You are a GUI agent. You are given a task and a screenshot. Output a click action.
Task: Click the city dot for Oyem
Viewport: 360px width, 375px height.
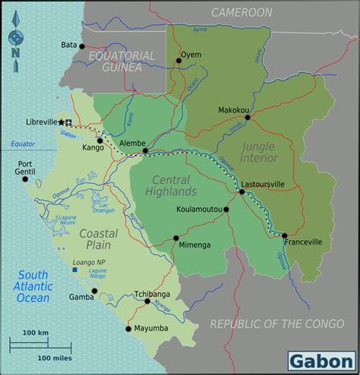179,61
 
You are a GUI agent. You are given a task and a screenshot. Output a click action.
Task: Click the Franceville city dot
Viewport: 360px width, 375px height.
284,235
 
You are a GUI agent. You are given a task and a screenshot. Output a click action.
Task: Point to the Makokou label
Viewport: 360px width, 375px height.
233,109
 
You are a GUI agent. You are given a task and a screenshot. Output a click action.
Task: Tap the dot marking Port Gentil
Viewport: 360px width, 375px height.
25,180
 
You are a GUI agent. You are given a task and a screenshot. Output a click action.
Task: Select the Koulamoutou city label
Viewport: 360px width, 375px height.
197,209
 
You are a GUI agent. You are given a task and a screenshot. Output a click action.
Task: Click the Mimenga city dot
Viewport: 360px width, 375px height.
176,238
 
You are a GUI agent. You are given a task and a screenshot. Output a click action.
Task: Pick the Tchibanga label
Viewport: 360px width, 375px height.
152,293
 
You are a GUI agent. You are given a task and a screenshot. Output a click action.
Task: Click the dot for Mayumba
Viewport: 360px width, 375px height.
128,329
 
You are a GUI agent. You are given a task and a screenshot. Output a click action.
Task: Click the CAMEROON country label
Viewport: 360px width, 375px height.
242,12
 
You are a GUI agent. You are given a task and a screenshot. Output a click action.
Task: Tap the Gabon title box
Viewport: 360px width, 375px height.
321,358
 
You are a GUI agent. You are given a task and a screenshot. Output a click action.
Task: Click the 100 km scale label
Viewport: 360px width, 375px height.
35,333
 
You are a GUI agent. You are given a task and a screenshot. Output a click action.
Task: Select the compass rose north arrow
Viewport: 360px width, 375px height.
15,34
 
